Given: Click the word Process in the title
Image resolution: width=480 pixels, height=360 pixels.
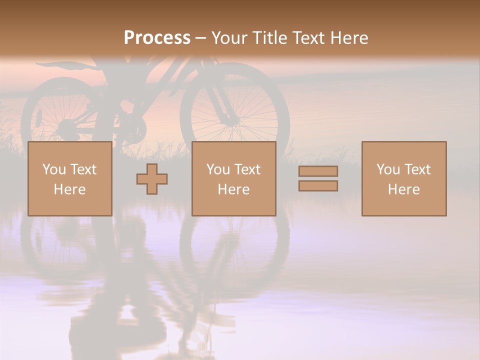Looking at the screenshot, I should click(x=157, y=38).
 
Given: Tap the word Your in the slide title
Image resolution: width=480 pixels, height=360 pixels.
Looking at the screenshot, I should click(x=229, y=38).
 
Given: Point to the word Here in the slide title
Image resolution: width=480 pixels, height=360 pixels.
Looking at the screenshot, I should click(x=348, y=38).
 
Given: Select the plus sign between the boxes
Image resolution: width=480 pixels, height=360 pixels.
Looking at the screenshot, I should click(x=152, y=179).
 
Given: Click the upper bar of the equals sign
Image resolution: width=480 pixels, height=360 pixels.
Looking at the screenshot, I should click(x=318, y=171).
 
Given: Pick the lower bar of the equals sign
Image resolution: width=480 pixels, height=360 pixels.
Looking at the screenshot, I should click(x=318, y=186).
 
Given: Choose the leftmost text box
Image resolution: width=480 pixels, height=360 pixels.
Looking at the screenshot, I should click(x=69, y=178).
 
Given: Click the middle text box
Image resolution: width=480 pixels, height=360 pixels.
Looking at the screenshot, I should click(x=233, y=178).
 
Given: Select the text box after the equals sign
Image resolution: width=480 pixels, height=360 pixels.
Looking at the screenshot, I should click(x=403, y=178).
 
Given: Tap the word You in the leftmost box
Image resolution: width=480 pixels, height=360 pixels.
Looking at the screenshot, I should click(x=54, y=169).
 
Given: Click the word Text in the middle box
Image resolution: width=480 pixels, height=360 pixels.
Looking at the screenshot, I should click(x=247, y=169).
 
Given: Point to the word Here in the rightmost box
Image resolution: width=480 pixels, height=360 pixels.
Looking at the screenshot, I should click(x=403, y=189).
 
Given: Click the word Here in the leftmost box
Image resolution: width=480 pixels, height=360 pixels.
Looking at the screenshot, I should click(x=69, y=189).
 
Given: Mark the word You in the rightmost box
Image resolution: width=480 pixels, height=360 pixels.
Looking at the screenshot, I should click(x=388, y=169).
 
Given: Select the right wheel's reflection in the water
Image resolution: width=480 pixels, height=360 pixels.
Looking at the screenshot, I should click(x=235, y=245).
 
